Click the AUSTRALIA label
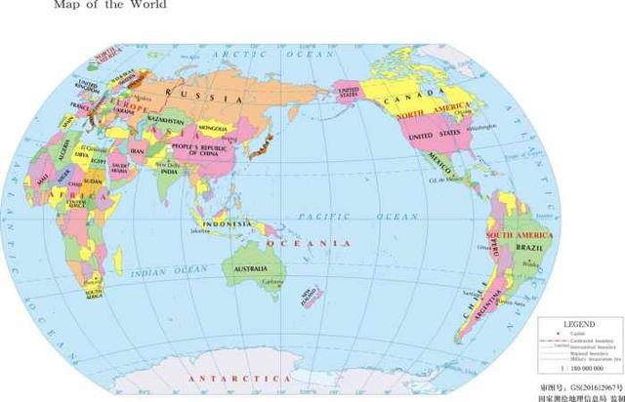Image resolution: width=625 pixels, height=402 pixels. [251, 268]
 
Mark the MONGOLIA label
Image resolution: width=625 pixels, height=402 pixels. [212, 128]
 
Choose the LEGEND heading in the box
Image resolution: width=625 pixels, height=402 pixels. [579, 321]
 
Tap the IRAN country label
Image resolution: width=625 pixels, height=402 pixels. [138, 152]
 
